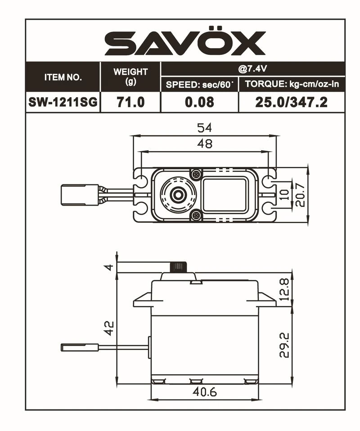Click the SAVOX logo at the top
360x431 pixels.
184,43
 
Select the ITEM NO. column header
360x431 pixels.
63,77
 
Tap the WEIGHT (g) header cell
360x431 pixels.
130,77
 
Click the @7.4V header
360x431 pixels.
252,69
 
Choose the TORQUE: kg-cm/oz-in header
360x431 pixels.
291,84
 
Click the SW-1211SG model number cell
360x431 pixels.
63,102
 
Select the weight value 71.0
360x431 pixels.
130,102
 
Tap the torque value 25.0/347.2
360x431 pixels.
291,102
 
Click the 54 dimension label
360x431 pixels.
204,128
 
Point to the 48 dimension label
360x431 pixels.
204,144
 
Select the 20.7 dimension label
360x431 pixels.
300,195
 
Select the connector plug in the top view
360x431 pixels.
79,195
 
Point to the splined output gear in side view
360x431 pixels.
178,267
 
